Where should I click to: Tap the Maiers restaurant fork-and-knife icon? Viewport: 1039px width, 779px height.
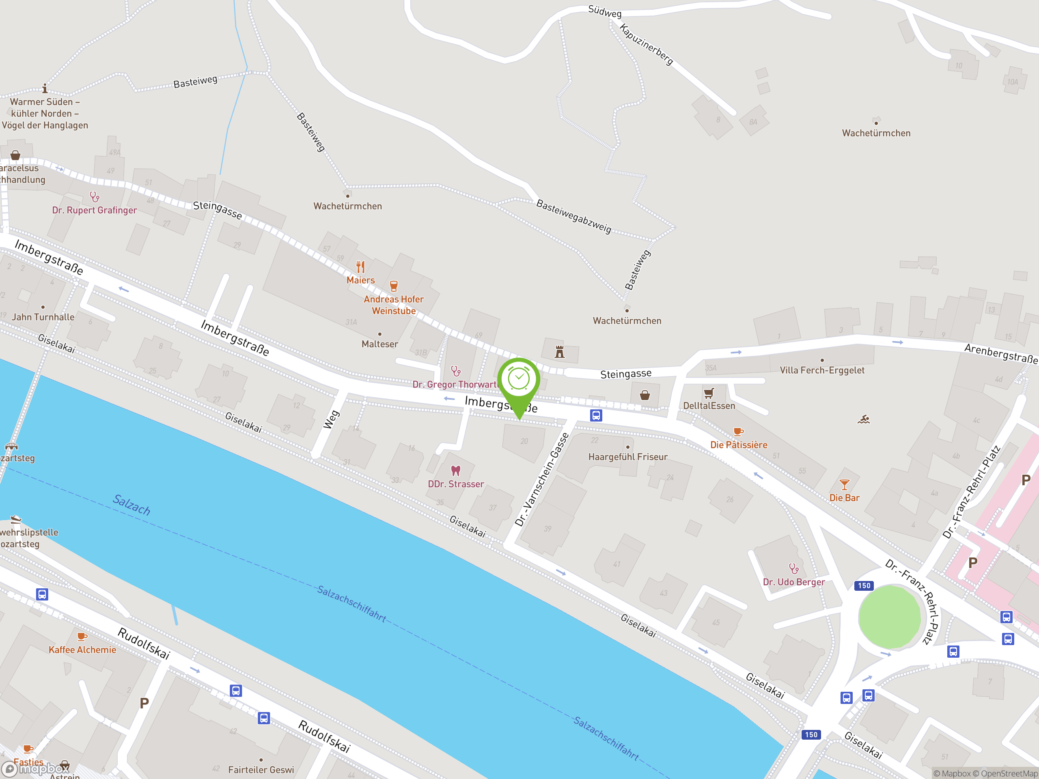[360, 267]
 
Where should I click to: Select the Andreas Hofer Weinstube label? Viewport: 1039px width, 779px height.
[394, 305]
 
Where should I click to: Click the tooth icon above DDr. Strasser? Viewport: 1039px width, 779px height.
[455, 471]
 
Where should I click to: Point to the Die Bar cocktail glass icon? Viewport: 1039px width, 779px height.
[844, 484]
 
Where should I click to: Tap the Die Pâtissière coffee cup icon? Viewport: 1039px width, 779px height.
[738, 432]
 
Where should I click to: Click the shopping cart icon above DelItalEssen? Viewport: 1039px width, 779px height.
[709, 393]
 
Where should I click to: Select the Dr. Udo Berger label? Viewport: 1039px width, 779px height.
[793, 582]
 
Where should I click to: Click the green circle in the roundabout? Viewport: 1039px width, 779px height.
[889, 617]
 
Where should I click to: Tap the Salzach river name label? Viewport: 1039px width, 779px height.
[131, 504]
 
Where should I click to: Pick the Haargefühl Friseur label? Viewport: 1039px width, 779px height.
[627, 457]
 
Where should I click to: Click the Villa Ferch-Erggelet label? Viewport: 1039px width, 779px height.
[821, 370]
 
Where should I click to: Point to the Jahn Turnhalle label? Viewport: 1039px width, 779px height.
[43, 317]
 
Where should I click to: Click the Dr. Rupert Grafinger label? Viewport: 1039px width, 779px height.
[95, 210]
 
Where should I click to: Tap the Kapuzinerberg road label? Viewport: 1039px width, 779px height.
[646, 45]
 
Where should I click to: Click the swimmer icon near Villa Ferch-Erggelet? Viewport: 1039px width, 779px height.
[863, 419]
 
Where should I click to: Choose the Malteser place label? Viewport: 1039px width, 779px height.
[379, 344]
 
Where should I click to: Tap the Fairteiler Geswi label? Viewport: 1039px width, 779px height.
[261, 770]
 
